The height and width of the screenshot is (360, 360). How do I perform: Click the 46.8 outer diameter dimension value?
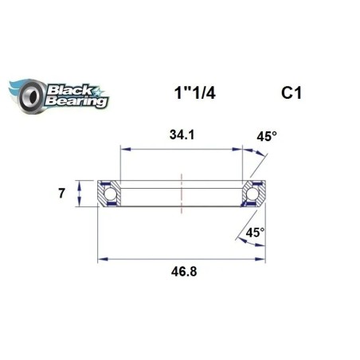[x=181, y=271]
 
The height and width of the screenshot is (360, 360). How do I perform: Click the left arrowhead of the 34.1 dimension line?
[x=123, y=147]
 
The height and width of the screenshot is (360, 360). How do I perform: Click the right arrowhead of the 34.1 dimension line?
[x=239, y=147]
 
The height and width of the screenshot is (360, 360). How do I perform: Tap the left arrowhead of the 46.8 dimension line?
[x=101, y=257]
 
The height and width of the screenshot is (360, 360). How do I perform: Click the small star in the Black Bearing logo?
[x=97, y=84]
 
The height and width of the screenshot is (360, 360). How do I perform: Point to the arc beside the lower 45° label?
[x=237, y=236]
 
